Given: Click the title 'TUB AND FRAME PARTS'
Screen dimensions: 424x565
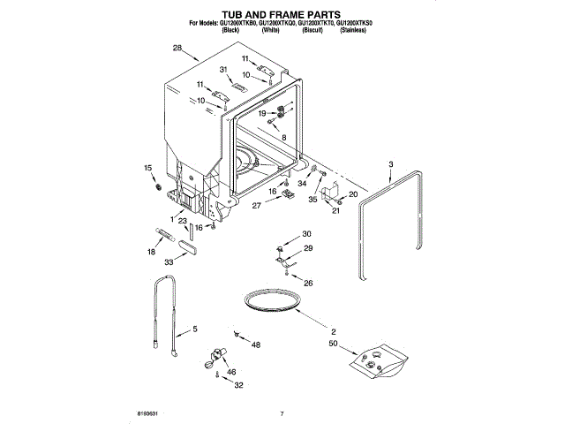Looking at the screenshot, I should pyautogui.click(x=282, y=13).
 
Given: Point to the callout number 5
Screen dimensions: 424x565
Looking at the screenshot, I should pyautogui.click(x=194, y=330).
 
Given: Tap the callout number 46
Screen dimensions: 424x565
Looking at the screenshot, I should pyautogui.click(x=232, y=375).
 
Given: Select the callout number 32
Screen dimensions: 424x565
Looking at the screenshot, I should pyautogui.click(x=238, y=386).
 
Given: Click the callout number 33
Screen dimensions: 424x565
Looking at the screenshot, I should pyautogui.click(x=169, y=261).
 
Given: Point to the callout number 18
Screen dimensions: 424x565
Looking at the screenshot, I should pyautogui.click(x=151, y=252).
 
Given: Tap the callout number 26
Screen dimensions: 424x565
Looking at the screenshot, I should pyautogui.click(x=308, y=283).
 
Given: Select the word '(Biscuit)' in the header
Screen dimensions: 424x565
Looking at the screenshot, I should pyautogui.click(x=312, y=31).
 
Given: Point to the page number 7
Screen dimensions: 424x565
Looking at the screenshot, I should pyautogui.click(x=282, y=413).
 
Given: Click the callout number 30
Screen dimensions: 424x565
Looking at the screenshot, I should pyautogui.click(x=307, y=234).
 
